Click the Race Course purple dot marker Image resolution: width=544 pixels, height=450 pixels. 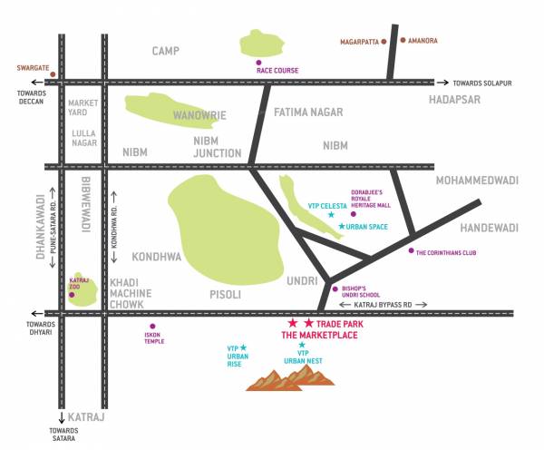[x=258, y=61]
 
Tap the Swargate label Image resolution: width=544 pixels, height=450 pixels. [x=32, y=67]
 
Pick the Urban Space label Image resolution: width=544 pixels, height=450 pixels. [x=369, y=225]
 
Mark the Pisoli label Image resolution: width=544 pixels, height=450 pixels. [x=222, y=294]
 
